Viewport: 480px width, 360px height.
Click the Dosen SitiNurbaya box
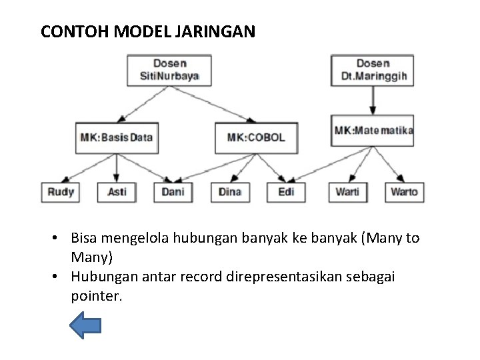(169, 69)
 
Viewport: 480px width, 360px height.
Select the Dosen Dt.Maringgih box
(373, 69)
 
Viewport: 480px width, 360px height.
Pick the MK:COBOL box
(256, 138)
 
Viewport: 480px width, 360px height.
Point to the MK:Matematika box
(373, 130)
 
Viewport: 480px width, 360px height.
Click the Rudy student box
(61, 192)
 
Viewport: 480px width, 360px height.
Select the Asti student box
(117, 192)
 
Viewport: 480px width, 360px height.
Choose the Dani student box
(173, 192)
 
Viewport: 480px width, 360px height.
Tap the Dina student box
(230, 192)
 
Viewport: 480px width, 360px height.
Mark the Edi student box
(286, 192)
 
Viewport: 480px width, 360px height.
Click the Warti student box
(347, 192)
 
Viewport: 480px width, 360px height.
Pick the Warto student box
(404, 192)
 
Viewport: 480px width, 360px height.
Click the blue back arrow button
(85, 325)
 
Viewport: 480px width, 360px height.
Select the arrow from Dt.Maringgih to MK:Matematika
(373, 100)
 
